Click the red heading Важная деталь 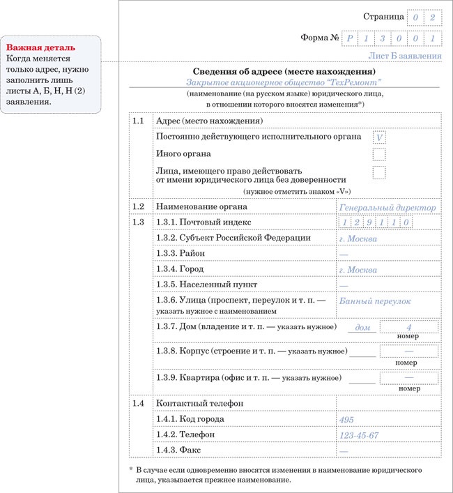click(x=41, y=47)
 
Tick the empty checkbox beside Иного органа click(x=379, y=154)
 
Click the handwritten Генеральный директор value click(x=387, y=207)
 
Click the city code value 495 click(x=346, y=419)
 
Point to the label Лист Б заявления click(x=405, y=56)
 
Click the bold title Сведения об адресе click(x=283, y=71)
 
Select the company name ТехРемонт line click(x=283, y=82)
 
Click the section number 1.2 click(x=138, y=206)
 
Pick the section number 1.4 click(x=138, y=403)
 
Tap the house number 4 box click(x=409, y=326)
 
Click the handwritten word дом click(x=362, y=327)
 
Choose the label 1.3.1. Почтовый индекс click(x=203, y=222)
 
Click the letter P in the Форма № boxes click(x=352, y=38)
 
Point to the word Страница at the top click(x=383, y=16)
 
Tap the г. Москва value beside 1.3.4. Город click(x=358, y=270)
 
